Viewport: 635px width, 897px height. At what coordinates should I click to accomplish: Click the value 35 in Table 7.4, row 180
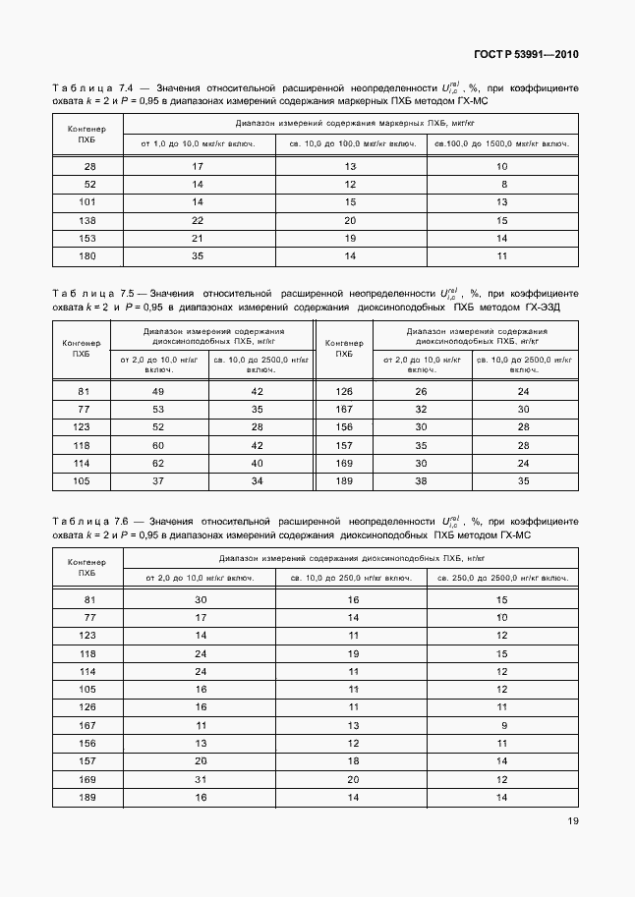point(198,255)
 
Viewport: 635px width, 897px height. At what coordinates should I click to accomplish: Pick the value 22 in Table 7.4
point(198,221)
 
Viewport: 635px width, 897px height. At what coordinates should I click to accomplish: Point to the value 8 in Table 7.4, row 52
point(502,185)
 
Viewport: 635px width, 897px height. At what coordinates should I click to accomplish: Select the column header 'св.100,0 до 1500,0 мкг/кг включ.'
point(502,144)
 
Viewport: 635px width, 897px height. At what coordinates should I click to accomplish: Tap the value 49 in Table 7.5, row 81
point(157,391)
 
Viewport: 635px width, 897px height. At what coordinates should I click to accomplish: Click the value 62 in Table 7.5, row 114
point(157,463)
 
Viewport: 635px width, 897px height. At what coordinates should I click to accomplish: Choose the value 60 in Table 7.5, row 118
point(157,445)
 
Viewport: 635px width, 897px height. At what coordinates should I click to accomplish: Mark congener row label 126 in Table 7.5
point(344,391)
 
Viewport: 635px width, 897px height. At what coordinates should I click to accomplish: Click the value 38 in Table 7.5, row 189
point(421,480)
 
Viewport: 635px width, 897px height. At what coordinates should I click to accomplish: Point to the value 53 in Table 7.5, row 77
point(157,409)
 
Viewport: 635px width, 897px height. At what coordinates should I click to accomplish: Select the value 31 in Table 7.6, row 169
point(201,778)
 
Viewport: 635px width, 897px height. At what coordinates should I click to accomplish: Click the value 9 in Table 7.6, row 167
point(502,725)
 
